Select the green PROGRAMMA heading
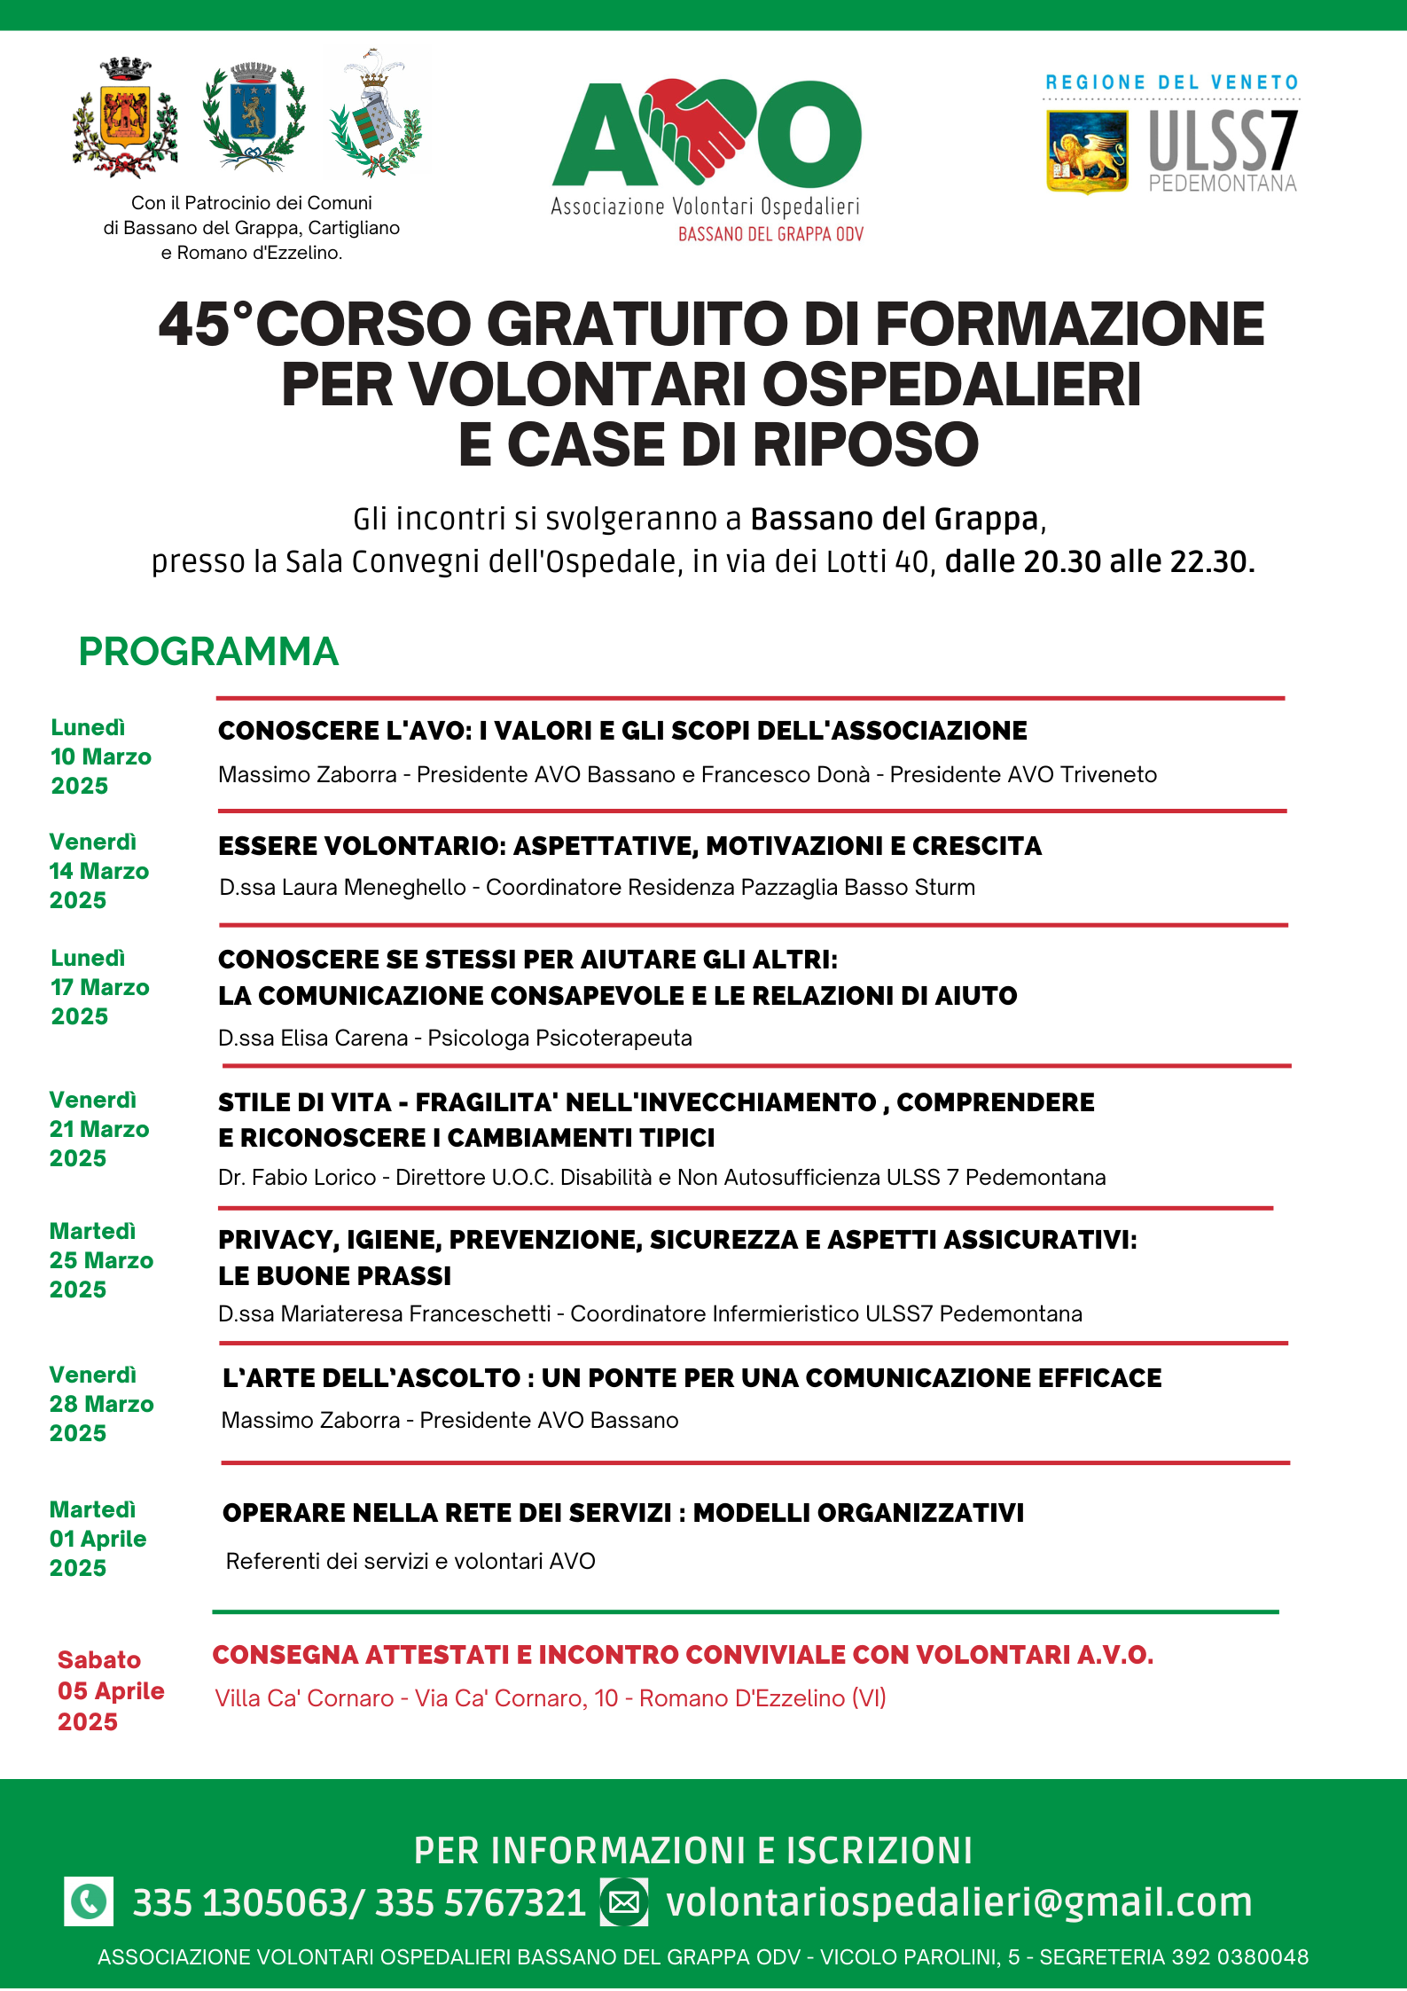[208, 652]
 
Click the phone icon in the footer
[89, 1901]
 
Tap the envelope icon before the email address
[624, 1901]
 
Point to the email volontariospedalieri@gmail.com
[959, 1901]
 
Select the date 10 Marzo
[101, 756]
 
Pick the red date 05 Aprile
[111, 1690]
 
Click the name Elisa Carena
[344, 1038]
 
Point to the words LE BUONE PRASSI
[335, 1275]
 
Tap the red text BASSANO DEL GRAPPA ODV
[770, 234]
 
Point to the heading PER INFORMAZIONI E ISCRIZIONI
[693, 1851]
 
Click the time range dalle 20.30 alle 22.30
[1099, 561]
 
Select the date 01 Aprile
[98, 1539]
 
